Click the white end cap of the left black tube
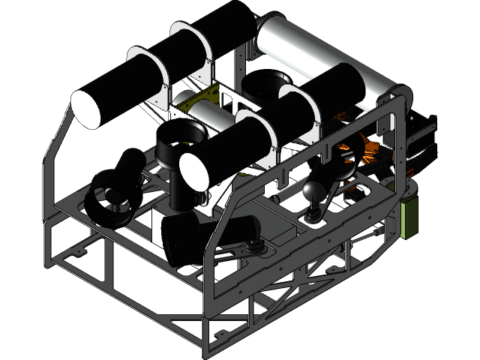pyautogui.click(x=85, y=109)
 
